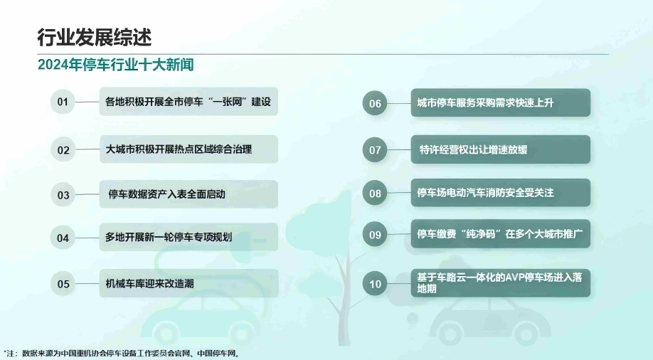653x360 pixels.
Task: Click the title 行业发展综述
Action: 94,38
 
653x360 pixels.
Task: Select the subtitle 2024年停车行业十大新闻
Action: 115,65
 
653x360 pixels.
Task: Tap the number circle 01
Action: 63,102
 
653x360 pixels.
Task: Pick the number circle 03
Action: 63,194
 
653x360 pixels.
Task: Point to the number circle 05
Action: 63,284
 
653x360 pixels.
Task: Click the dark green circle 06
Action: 375,103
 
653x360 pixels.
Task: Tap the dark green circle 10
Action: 375,284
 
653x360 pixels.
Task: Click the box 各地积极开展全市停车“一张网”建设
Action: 189,101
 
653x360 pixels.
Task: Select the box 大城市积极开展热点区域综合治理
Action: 189,149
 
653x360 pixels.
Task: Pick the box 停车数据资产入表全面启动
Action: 189,194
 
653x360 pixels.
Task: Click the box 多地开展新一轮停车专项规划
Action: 189,237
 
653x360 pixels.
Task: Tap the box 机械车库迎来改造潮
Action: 189,283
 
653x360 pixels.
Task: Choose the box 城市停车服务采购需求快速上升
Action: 501,102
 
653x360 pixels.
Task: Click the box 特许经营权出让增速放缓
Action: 501,149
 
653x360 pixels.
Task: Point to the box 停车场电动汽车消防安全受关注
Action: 501,193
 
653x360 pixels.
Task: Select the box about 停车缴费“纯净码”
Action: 501,234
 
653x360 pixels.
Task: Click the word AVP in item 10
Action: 515,277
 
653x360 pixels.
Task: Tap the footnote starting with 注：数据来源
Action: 122,354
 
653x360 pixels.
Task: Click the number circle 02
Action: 63,150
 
